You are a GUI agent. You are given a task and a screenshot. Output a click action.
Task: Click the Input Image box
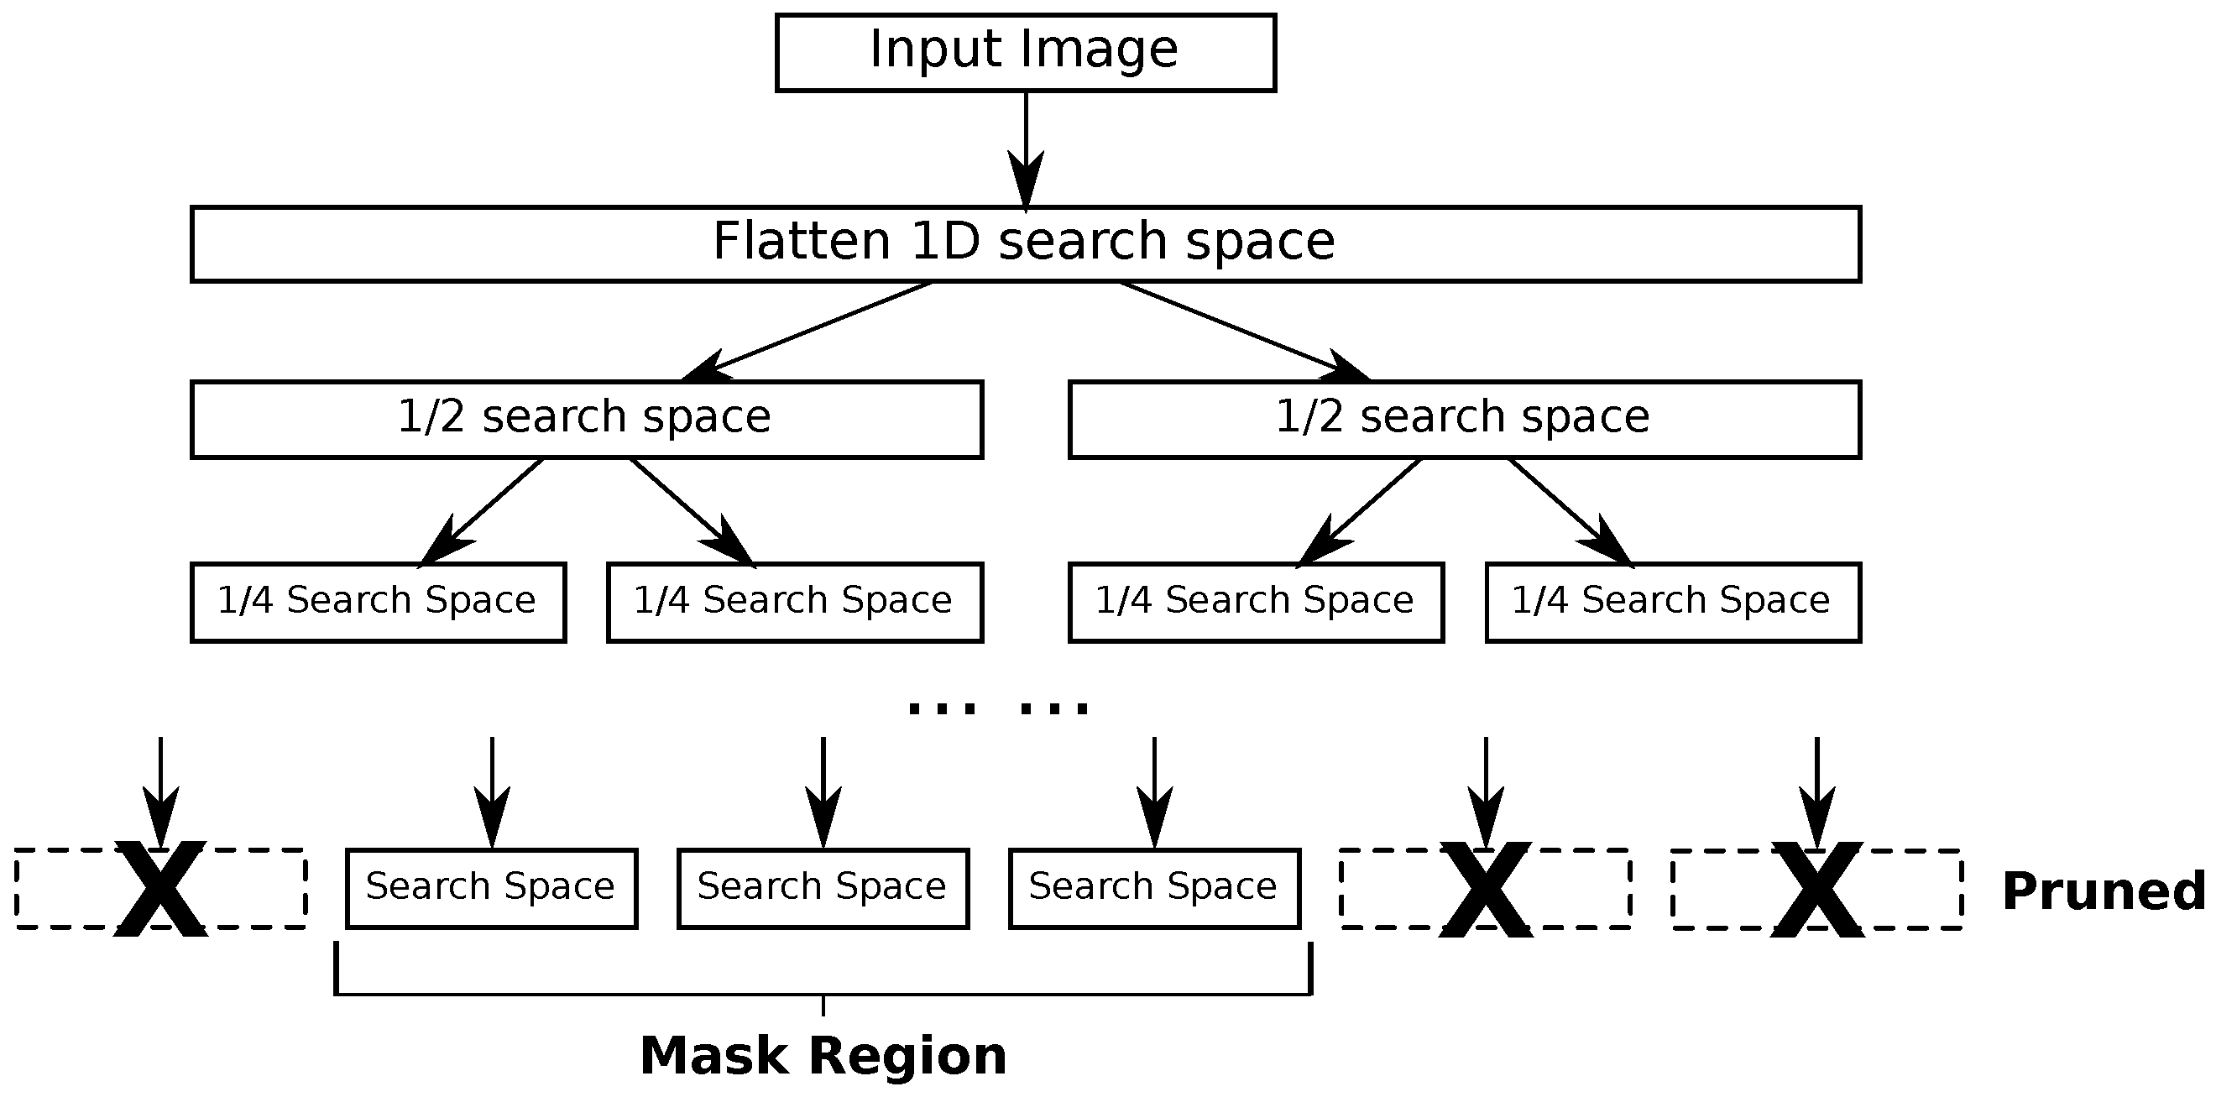coord(1026,52)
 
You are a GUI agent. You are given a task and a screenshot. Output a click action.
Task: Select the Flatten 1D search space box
coord(1026,243)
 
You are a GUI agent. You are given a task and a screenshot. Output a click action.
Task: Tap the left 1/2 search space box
coord(587,419)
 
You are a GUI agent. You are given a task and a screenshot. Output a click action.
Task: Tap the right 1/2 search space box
coord(1464,419)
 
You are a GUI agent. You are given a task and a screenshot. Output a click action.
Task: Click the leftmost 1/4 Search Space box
coord(378,602)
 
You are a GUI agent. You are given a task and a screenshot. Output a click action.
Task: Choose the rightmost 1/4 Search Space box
coord(1672,602)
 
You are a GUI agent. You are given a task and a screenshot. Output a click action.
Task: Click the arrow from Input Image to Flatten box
coord(1026,146)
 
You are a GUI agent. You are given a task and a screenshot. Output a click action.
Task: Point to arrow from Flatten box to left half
coord(808,331)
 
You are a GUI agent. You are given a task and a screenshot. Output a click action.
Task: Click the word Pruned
coord(2103,891)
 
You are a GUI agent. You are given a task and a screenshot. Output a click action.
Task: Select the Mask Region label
coord(823,1055)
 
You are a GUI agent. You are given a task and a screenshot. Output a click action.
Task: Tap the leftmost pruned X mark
coord(161,889)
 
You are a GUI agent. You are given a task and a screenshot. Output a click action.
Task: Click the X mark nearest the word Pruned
coord(1816,889)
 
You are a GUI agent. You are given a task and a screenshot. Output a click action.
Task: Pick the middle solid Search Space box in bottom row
coord(823,887)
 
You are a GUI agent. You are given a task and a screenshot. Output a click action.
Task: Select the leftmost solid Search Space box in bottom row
coord(491,887)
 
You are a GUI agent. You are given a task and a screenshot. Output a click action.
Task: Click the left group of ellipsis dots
coord(942,708)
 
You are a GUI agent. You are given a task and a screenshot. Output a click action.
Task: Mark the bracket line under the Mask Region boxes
coord(823,994)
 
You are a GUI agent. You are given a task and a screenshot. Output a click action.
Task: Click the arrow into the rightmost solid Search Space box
coord(1153,791)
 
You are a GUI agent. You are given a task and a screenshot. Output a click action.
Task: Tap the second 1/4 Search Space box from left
coord(794,602)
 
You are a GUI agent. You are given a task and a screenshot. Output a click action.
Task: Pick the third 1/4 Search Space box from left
coord(1255,602)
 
